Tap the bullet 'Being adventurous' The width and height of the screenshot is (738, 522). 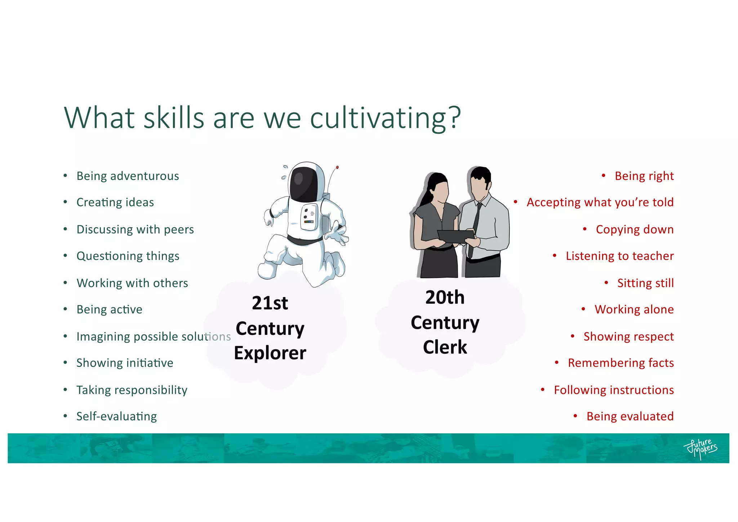(128, 176)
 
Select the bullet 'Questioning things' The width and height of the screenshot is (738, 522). (128, 256)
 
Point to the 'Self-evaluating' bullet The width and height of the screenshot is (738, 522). (116, 416)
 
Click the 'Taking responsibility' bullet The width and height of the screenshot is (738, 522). (132, 390)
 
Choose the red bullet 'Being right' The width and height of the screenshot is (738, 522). (644, 176)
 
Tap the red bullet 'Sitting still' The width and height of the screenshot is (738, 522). (645, 283)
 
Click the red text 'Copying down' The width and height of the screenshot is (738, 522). (634, 229)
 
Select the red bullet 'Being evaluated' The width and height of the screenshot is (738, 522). (630, 416)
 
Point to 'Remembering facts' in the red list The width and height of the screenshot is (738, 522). (621, 363)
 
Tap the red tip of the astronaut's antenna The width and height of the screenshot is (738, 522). (337, 167)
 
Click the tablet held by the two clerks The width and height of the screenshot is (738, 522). (455, 236)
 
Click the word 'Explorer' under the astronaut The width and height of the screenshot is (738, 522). (270, 353)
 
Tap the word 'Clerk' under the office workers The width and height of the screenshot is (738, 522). (445, 347)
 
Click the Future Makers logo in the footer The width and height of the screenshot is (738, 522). (700, 448)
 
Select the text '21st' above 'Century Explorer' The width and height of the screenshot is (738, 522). (270, 303)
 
